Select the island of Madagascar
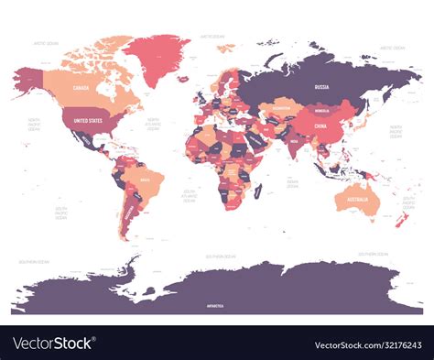259,191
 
